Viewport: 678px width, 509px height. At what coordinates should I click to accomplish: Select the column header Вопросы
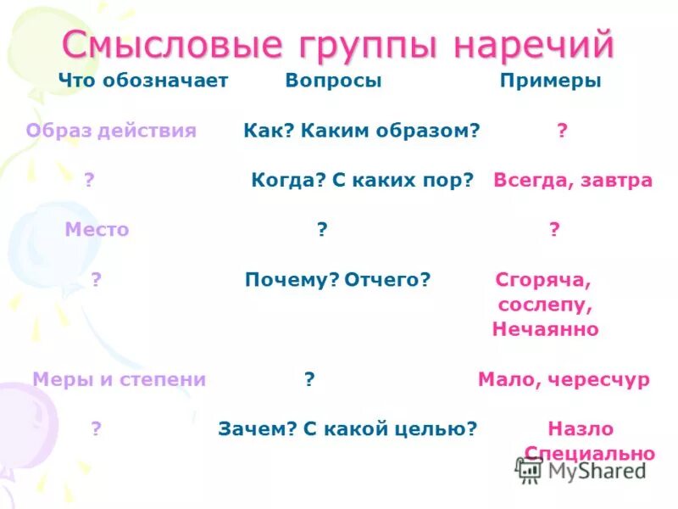pyautogui.click(x=333, y=81)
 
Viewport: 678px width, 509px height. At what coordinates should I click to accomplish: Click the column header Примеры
pyautogui.click(x=550, y=81)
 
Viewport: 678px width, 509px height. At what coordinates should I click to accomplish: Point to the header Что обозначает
pyautogui.click(x=143, y=81)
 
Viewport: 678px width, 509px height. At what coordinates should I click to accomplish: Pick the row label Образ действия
pyautogui.click(x=111, y=131)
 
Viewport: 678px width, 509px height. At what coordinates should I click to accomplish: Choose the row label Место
pyautogui.click(x=97, y=230)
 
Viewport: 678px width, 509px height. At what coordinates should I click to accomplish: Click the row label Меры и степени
pyautogui.click(x=119, y=380)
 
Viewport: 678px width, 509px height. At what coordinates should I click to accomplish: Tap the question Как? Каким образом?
pyautogui.click(x=362, y=131)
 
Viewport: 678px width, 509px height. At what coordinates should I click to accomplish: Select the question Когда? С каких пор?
pyautogui.click(x=362, y=181)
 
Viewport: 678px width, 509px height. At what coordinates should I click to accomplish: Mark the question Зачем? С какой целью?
pyautogui.click(x=347, y=429)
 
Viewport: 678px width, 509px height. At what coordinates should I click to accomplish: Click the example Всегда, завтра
pyautogui.click(x=573, y=181)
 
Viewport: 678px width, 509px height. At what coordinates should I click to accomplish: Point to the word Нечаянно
pyautogui.click(x=545, y=329)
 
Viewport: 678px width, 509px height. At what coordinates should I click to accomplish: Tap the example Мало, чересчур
pyautogui.click(x=564, y=380)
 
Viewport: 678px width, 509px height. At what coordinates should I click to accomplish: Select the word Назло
pyautogui.click(x=581, y=429)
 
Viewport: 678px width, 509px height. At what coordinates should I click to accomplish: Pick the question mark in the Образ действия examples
pyautogui.click(x=562, y=131)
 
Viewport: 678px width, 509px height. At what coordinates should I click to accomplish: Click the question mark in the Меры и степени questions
pyautogui.click(x=309, y=380)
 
